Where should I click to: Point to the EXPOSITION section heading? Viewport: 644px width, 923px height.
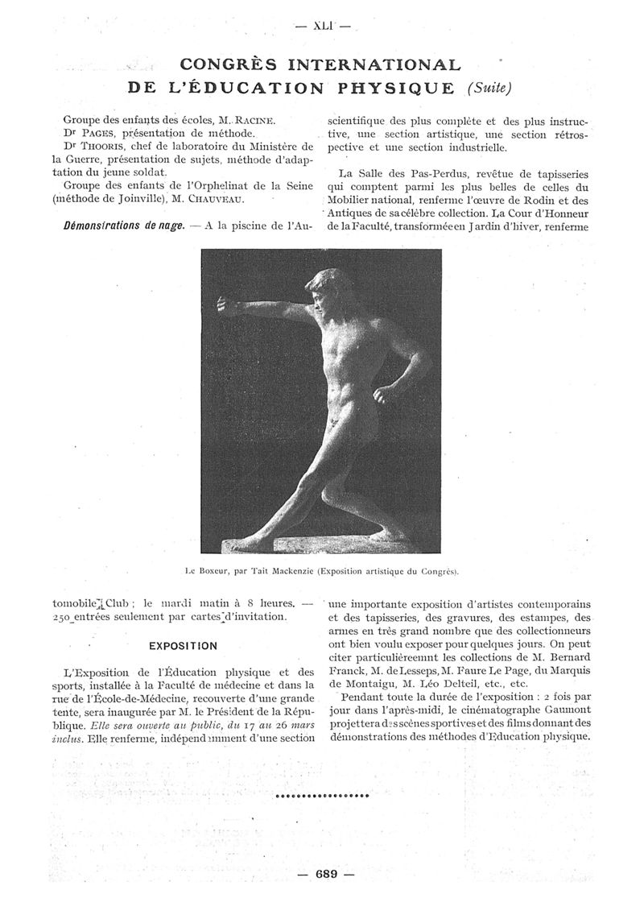click(x=182, y=645)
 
